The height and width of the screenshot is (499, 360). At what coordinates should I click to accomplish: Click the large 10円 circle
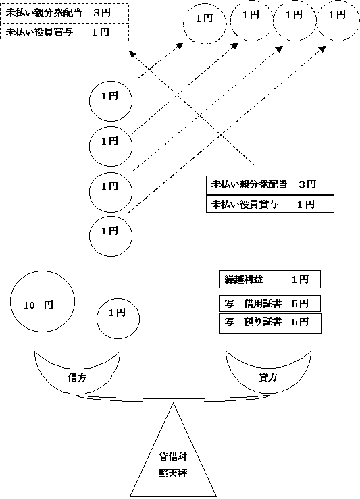(42, 305)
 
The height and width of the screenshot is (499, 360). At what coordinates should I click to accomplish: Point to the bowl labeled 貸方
(268, 373)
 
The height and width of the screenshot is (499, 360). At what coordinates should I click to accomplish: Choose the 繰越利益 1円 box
(268, 279)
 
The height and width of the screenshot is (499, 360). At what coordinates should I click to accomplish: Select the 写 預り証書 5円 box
(268, 323)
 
